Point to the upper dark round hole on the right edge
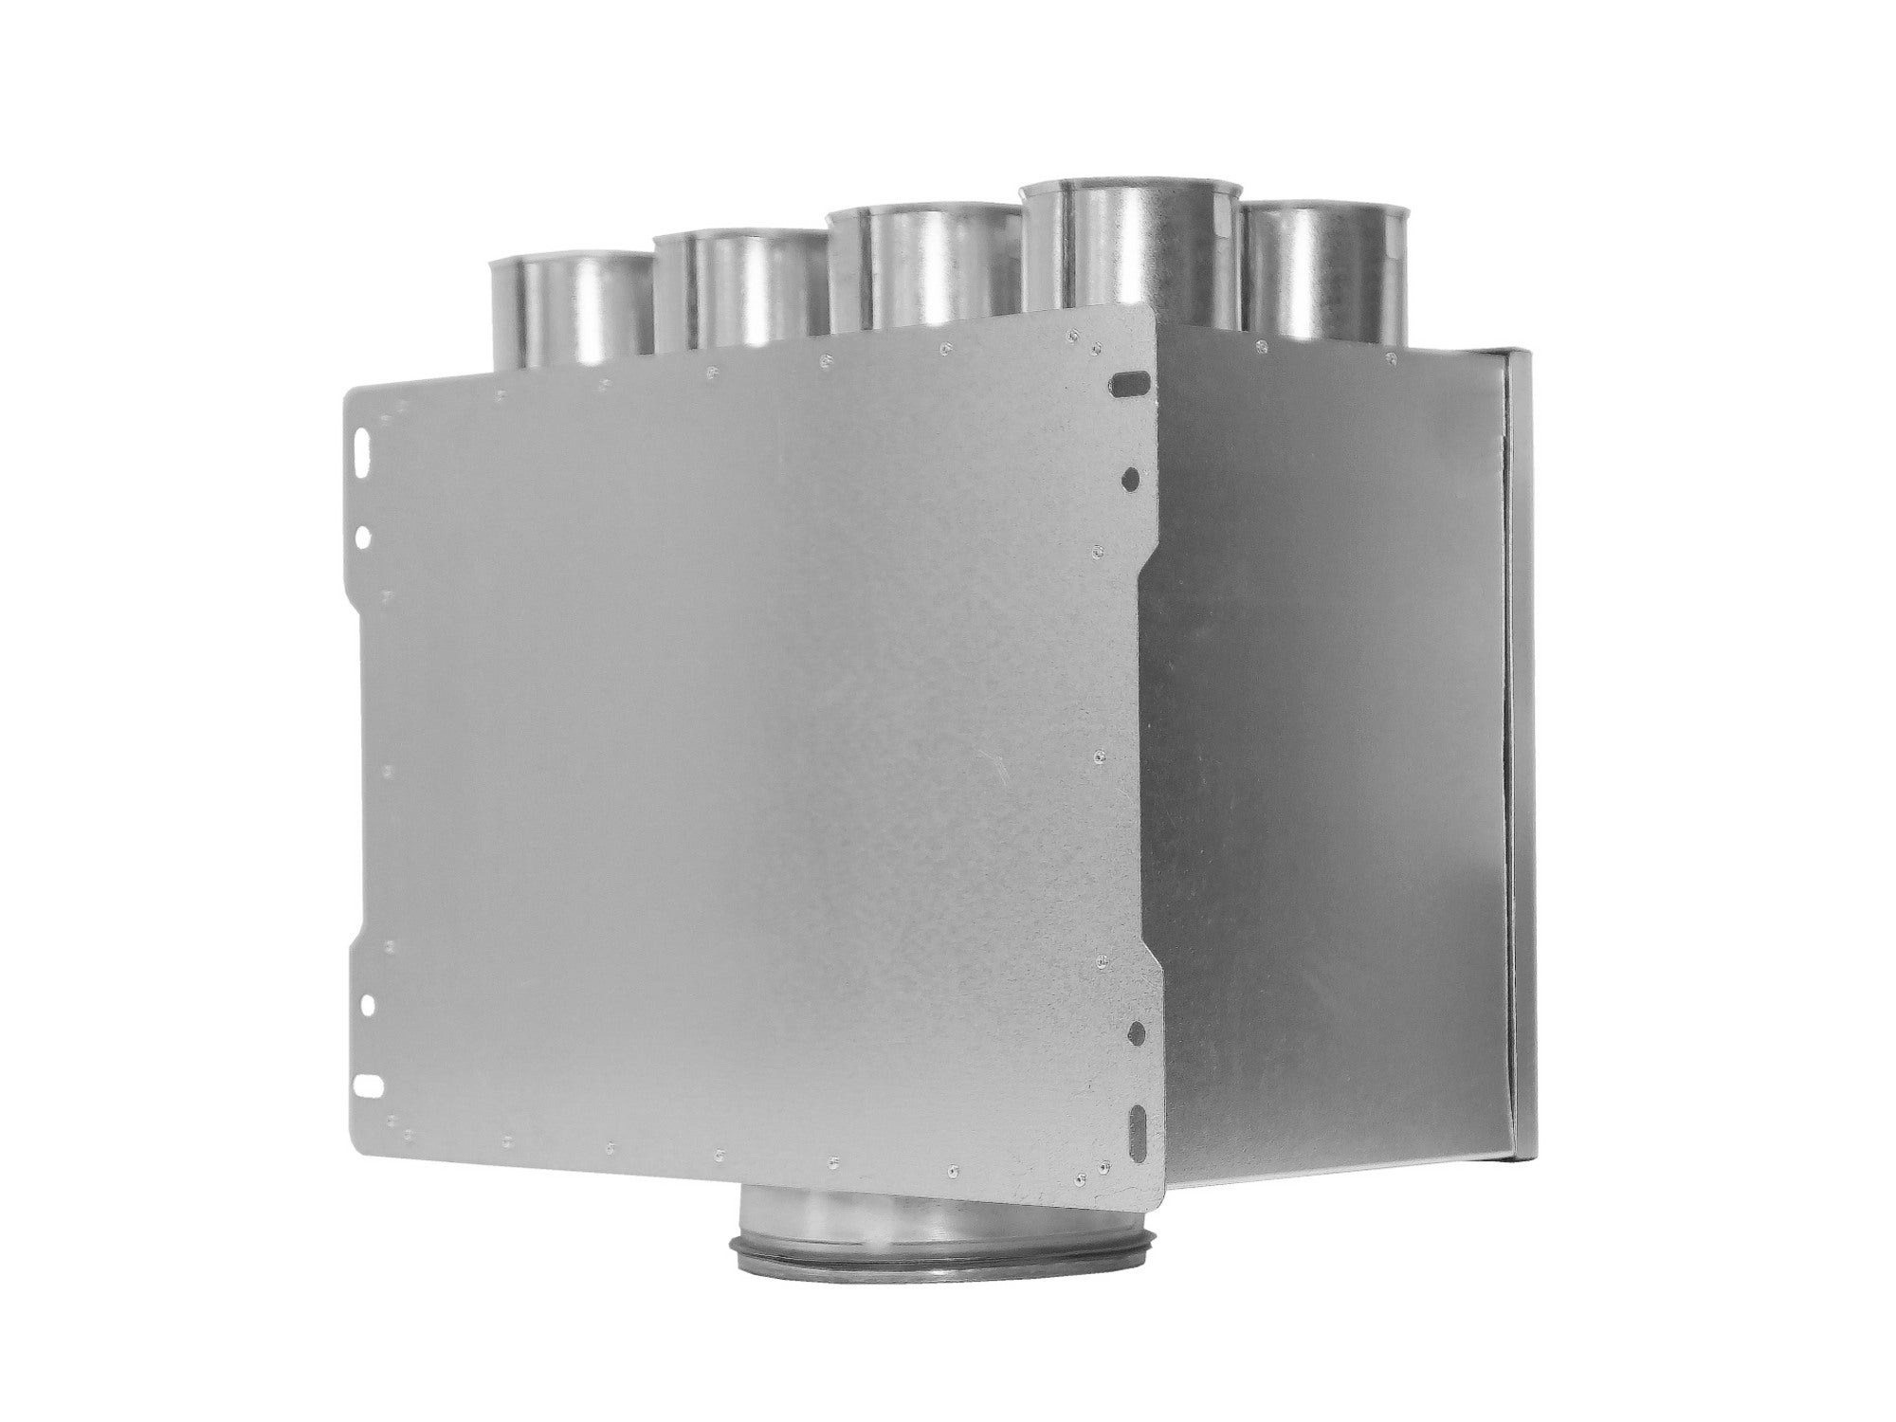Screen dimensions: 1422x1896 [x=1130, y=477]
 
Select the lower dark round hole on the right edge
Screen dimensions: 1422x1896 [x=1138, y=1030]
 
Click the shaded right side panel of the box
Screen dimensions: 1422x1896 [x=1327, y=758]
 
